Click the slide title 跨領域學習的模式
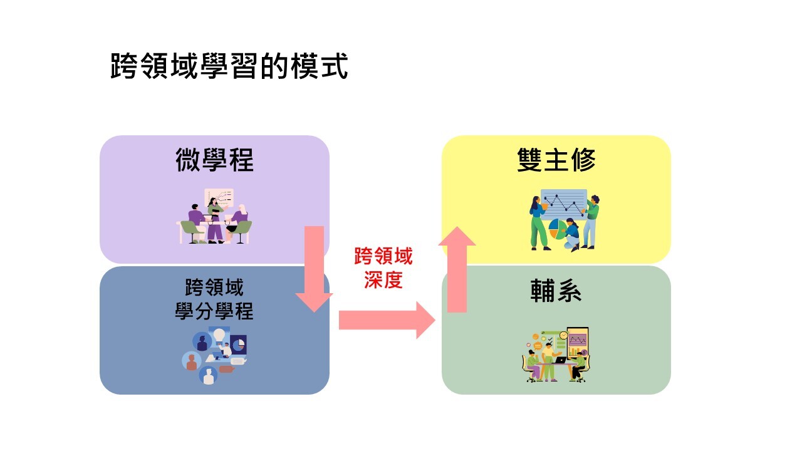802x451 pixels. point(229,66)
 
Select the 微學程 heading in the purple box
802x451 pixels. point(214,160)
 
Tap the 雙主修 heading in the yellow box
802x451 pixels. point(556,160)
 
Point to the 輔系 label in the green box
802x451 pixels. point(556,291)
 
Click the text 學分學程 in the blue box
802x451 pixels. point(214,311)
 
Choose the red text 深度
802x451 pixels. point(383,279)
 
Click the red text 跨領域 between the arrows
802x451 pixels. point(383,256)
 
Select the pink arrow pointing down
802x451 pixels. point(314,269)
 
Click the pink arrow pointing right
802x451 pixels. point(387,320)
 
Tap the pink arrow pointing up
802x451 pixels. point(457,269)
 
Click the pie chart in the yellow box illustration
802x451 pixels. point(557,229)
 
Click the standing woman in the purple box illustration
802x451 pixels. point(216,220)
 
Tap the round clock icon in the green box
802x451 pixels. point(563,335)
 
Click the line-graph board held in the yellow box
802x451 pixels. point(564,204)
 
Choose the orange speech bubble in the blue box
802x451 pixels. point(227,369)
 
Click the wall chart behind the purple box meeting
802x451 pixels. point(219,197)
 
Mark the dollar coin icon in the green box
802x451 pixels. point(584,353)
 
